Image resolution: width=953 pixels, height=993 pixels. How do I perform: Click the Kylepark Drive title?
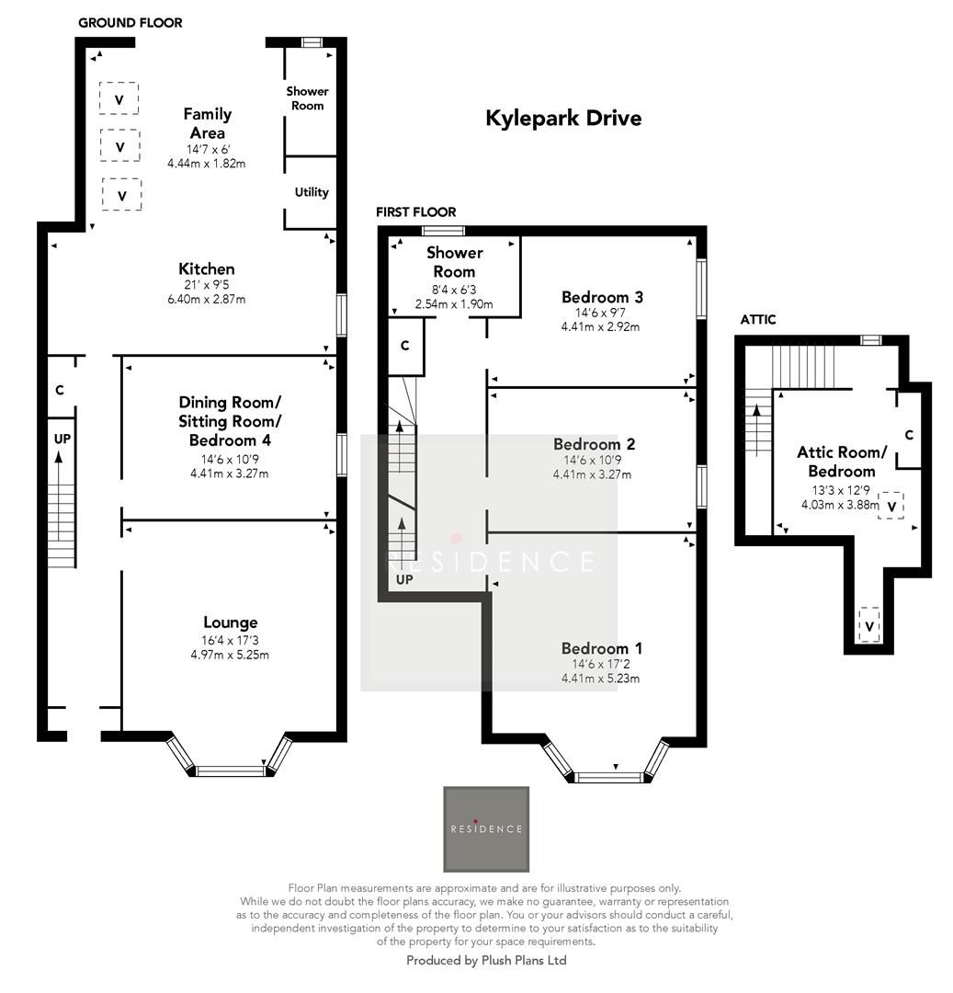tap(562, 119)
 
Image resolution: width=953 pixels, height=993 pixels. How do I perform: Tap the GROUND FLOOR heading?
tap(130, 22)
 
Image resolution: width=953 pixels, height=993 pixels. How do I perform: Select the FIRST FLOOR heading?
tap(415, 212)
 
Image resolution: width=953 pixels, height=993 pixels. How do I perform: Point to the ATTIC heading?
tap(757, 320)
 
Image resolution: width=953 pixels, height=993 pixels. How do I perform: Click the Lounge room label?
tap(230, 622)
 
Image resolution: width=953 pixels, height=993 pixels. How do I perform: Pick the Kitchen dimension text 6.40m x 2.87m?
tap(206, 299)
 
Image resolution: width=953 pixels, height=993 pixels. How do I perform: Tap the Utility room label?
tap(312, 192)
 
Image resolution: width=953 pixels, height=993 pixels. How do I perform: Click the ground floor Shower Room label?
tap(307, 98)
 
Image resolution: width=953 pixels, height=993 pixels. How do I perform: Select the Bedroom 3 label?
tap(601, 297)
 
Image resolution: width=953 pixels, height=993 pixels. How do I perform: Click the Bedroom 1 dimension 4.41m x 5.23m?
tap(600, 679)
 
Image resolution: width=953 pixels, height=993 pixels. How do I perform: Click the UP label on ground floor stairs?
tap(62, 439)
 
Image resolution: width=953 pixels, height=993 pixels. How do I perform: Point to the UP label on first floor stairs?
tap(404, 581)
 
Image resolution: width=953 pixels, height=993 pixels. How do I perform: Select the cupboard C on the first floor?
tap(404, 346)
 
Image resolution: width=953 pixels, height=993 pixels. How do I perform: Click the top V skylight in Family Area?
tap(119, 98)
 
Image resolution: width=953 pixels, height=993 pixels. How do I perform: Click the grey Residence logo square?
tap(486, 828)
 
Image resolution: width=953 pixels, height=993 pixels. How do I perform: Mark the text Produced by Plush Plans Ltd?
tap(486, 960)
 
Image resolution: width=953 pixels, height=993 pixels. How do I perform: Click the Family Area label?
tap(207, 123)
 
